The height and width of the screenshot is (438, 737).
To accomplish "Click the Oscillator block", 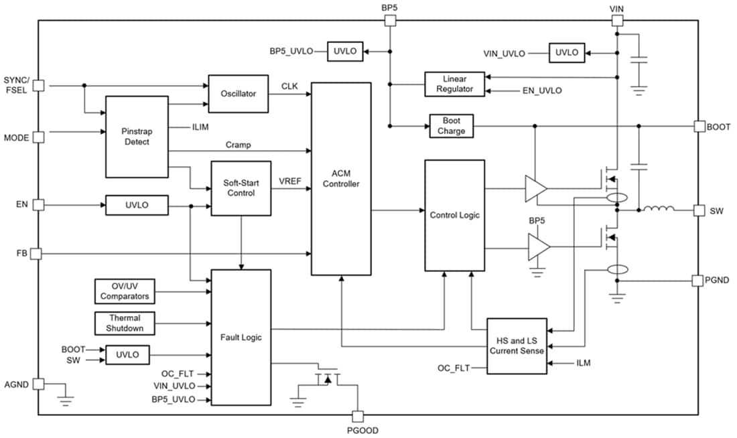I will click(x=239, y=94).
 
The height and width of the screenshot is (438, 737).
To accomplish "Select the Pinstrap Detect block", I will click(x=137, y=137).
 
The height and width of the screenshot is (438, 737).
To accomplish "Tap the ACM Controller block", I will click(x=341, y=179).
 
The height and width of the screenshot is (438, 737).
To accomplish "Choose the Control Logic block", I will click(x=454, y=215).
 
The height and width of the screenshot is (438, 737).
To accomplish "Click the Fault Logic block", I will click(x=241, y=337).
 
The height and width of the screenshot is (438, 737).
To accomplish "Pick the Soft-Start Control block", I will click(x=241, y=188).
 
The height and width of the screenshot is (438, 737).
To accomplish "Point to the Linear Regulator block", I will click(x=455, y=84).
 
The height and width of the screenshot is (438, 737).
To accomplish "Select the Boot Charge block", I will click(x=451, y=126).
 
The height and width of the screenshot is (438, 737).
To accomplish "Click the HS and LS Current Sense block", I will click(x=517, y=346).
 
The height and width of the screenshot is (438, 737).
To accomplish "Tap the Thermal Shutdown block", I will click(x=124, y=323).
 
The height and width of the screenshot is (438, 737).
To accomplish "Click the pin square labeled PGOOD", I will click(x=358, y=416).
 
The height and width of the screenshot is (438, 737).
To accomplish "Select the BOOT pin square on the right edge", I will click(x=699, y=126).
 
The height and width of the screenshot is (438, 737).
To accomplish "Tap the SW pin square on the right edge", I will click(x=699, y=210).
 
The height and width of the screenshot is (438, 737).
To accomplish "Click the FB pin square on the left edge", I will click(x=38, y=254).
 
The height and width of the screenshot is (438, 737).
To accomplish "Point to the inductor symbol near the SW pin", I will click(x=659, y=210).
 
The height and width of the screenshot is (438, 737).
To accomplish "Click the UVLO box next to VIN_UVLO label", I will click(x=566, y=52).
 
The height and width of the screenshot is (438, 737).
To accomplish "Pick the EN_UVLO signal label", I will click(x=541, y=90).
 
